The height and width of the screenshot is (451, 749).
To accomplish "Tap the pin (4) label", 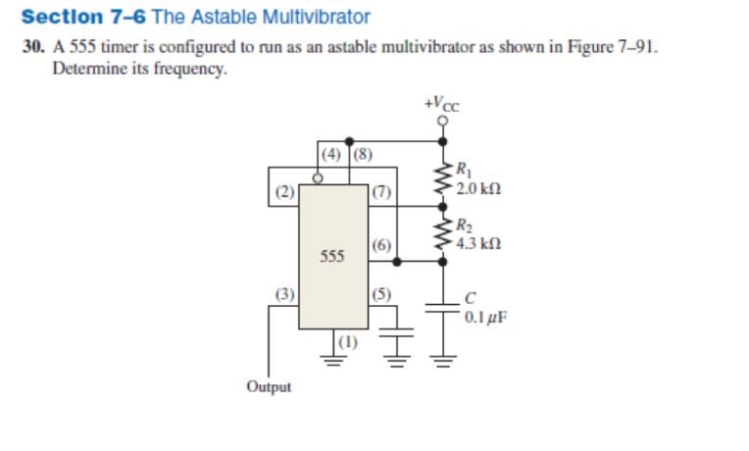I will pos(333,155).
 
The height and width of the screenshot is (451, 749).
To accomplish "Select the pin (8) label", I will pos(361,155).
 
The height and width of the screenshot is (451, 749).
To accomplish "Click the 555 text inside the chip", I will pos(333,257).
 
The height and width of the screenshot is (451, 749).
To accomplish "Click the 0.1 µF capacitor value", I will pos(484,317).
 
